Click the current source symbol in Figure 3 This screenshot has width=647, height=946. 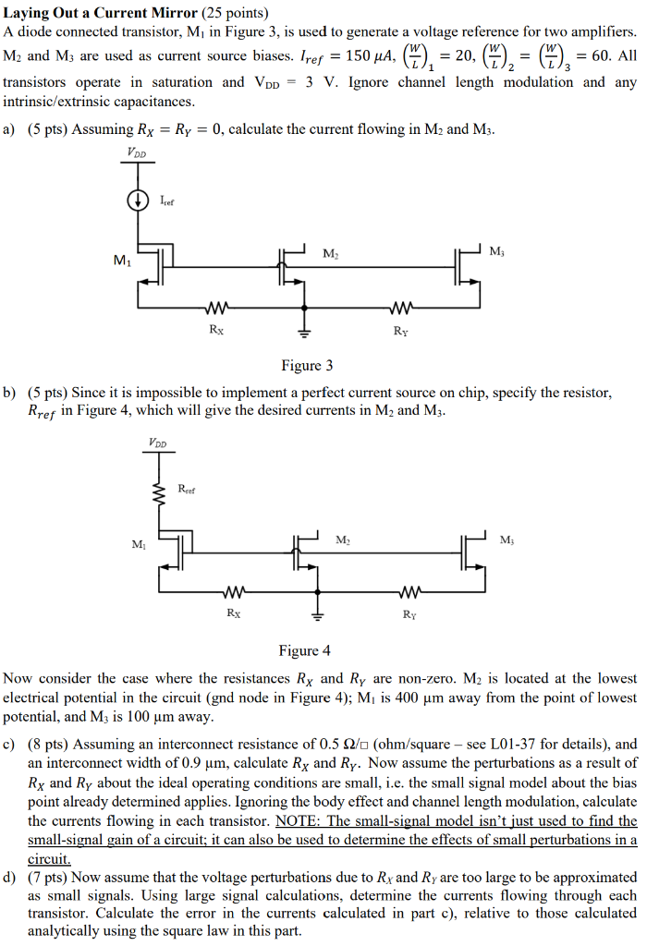click(x=138, y=199)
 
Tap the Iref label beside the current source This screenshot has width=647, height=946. click(x=166, y=199)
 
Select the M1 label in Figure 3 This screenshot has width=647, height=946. click(x=121, y=261)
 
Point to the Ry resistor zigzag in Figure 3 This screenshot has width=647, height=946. click(x=400, y=308)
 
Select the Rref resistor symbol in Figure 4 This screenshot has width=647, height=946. click(x=159, y=494)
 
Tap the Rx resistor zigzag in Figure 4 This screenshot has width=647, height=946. click(x=233, y=592)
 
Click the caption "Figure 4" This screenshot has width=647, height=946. click(x=304, y=651)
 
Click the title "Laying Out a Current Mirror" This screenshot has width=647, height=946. click(x=101, y=13)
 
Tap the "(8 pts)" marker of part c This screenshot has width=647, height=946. click(x=49, y=743)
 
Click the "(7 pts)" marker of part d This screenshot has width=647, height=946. click(x=49, y=877)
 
